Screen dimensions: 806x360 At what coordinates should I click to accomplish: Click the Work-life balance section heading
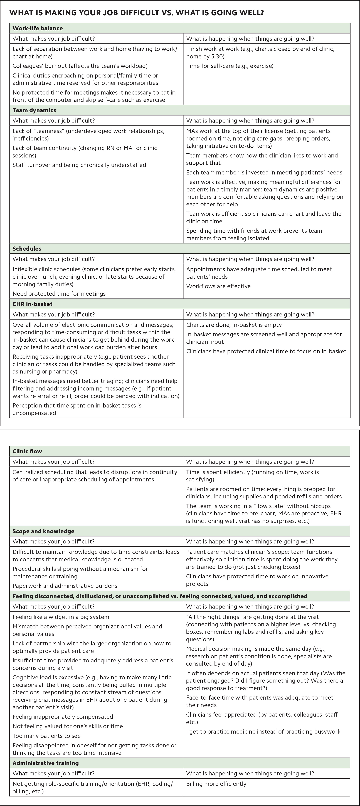point(38,28)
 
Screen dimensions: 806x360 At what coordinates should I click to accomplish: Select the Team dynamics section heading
point(34,110)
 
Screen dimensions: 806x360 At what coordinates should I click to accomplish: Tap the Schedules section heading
point(27,248)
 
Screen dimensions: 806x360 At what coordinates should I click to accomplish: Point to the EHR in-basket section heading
point(33,304)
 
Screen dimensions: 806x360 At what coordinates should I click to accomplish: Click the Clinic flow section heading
point(27,451)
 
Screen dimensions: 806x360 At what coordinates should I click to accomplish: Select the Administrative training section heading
point(46,763)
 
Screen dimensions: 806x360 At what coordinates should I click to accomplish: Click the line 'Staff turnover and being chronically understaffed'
point(79,165)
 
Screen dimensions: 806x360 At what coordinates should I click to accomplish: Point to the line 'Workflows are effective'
point(218,286)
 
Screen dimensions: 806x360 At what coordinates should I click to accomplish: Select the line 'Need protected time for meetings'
point(59,293)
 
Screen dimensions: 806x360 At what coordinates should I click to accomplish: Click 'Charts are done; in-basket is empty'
point(234,325)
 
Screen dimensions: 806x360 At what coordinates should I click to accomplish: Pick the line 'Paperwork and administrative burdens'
point(65,586)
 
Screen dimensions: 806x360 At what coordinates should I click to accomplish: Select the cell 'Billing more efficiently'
point(216,784)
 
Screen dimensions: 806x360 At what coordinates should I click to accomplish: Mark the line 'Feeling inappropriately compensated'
point(63,717)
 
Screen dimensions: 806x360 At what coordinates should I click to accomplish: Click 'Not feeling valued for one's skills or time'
point(68,726)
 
